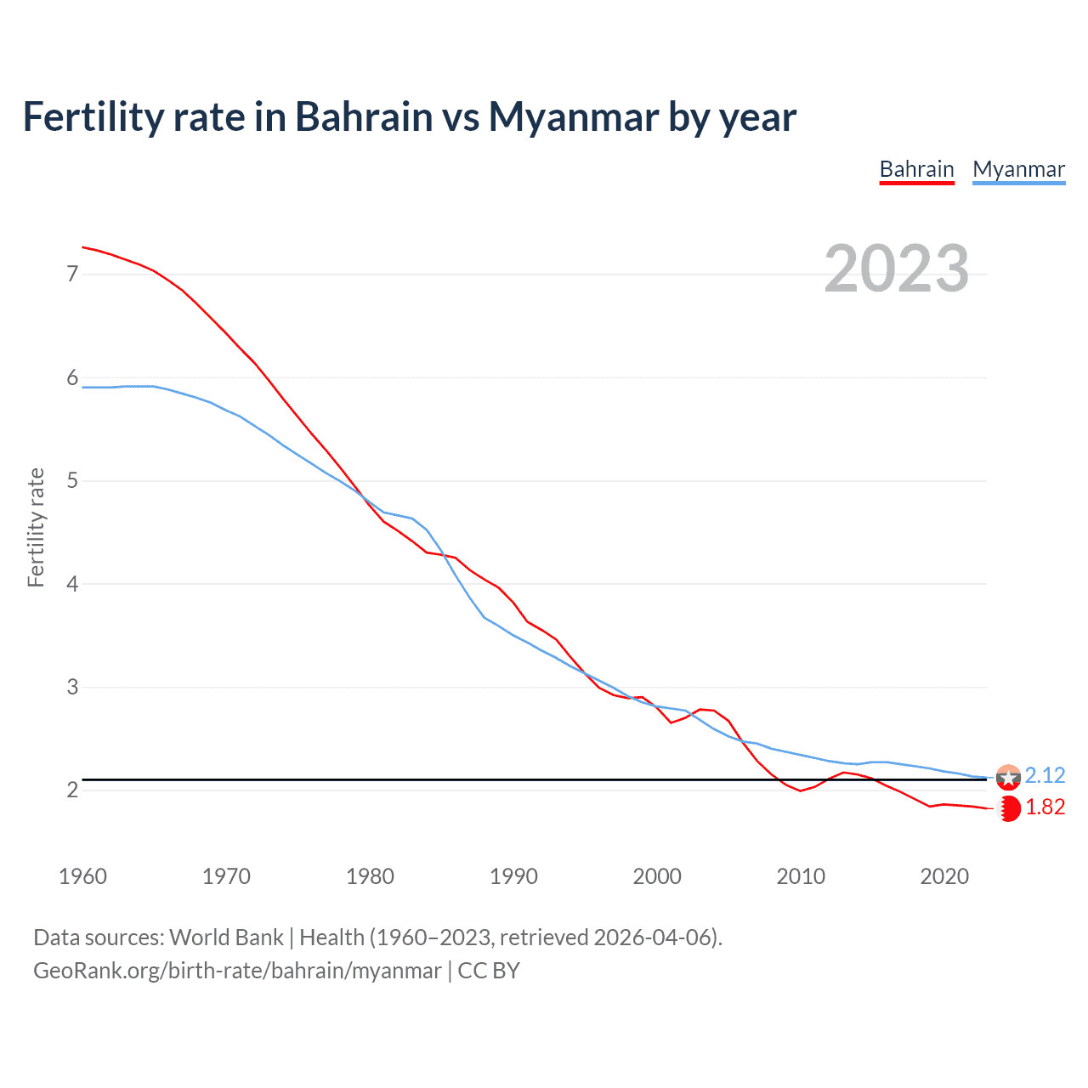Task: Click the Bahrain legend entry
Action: pos(916,169)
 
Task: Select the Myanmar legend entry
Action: pos(1018,169)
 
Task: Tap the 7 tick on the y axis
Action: pos(72,274)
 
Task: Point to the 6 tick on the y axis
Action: pos(72,377)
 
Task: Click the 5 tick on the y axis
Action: pos(72,481)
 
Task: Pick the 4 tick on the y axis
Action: pos(72,584)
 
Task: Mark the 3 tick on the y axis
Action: pos(72,687)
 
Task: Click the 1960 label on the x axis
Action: pos(82,876)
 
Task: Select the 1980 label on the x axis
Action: pos(370,876)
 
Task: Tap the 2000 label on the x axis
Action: pos(657,876)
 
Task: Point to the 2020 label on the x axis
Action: pos(944,876)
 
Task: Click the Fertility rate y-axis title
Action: pos(36,527)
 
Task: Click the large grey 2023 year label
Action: pos(897,269)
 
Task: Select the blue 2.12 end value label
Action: pos(1045,775)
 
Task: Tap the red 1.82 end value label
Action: pos(1045,807)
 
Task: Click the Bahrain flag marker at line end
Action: pos(1009,808)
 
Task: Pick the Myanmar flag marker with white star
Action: pos(1008,777)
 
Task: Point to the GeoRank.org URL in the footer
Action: pos(237,971)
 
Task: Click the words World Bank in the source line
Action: pos(226,938)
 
